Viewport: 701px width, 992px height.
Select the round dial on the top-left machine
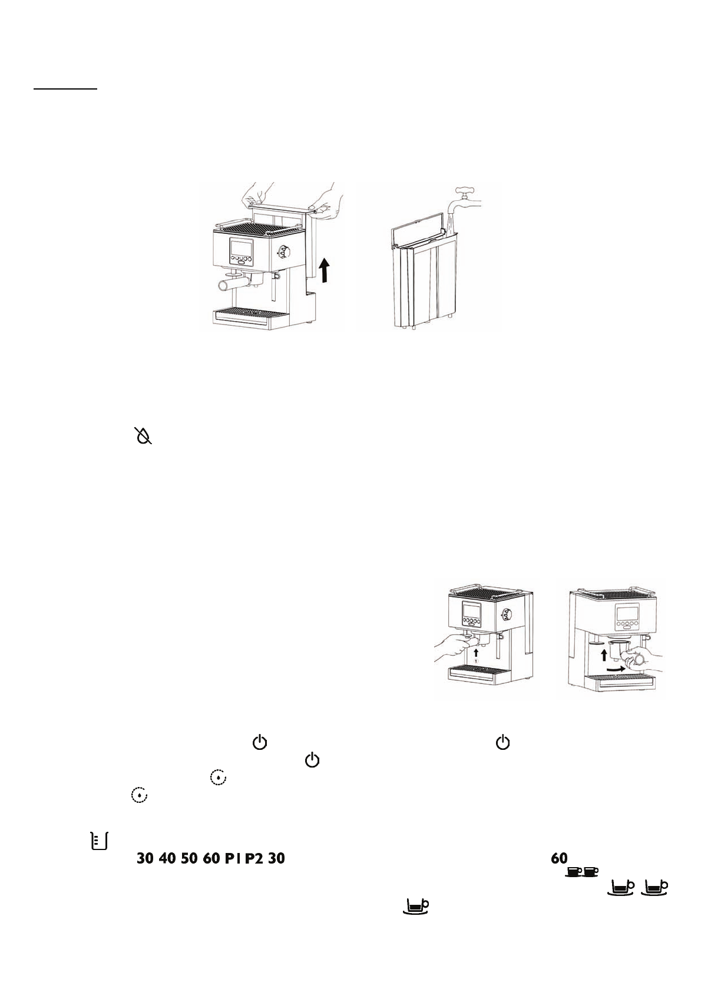pyautogui.click(x=285, y=252)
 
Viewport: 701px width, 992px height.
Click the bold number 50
pyautogui.click(x=189, y=858)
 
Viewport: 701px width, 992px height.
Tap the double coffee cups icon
pyautogui.click(x=582, y=871)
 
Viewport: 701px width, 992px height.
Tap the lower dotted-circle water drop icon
pyautogui.click(x=139, y=795)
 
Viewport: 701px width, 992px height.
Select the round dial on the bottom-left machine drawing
pyautogui.click(x=506, y=615)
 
